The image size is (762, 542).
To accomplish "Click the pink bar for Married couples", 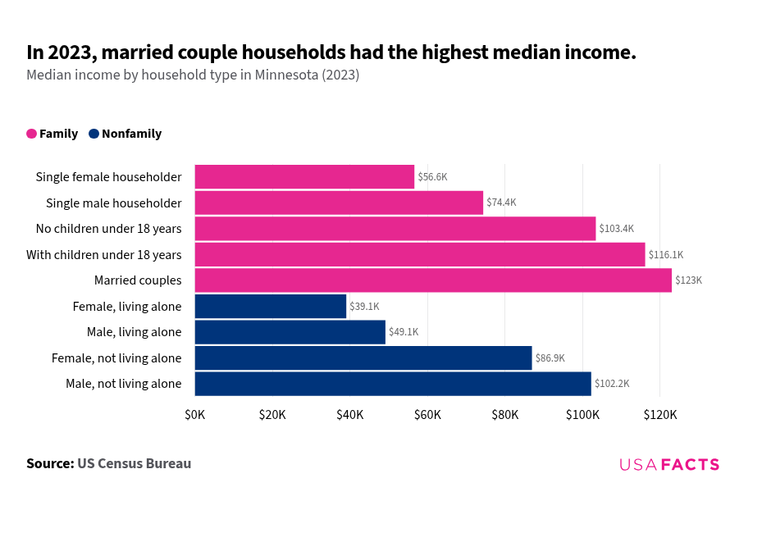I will click(433, 280).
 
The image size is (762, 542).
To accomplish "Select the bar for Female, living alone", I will click(271, 307).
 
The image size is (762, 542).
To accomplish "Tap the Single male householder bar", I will click(339, 203).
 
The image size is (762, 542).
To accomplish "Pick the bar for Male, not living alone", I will click(393, 384).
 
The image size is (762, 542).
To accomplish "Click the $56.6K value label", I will click(432, 177).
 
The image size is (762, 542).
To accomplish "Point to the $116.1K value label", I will click(665, 255).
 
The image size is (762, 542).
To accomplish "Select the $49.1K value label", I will click(404, 332).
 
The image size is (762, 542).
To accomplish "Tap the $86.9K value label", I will click(550, 358).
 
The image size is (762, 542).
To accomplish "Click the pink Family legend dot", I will click(32, 134).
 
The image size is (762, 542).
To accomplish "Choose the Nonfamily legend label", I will click(131, 134).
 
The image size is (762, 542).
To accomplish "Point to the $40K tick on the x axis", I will click(350, 415).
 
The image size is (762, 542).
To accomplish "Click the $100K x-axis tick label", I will click(582, 415).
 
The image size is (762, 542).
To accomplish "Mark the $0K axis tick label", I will click(195, 415).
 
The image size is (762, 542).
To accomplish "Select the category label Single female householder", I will click(108, 177).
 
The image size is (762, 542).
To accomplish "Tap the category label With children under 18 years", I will click(104, 255).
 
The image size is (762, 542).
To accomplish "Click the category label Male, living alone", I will click(134, 332).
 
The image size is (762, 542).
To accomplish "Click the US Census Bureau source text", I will click(134, 463).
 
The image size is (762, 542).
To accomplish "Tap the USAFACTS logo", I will click(669, 465).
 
